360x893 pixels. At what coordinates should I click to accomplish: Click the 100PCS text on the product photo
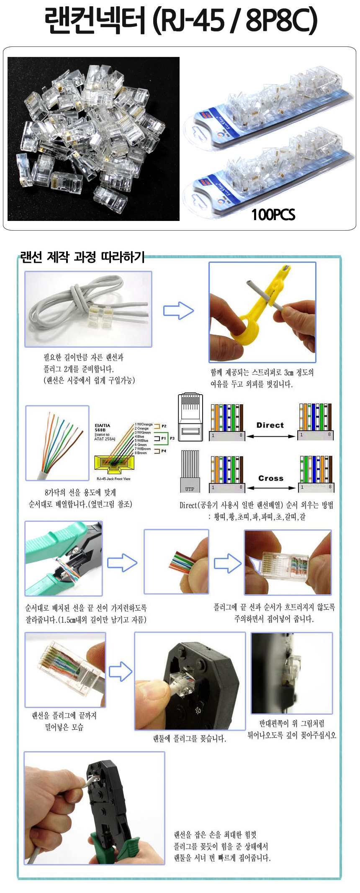coord(273,215)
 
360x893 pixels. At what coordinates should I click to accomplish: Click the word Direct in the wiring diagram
coord(270,425)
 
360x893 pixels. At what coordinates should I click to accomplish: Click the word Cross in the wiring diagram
coord(270,478)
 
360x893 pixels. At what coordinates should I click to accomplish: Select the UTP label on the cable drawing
coord(190,489)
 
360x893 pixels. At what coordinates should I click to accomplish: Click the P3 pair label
coord(172,439)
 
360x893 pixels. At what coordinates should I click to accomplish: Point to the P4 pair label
coord(164,451)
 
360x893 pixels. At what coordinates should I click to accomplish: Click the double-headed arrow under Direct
coord(271,436)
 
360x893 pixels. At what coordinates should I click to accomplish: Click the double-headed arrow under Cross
coord(271,488)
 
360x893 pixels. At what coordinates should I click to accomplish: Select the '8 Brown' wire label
coord(141,453)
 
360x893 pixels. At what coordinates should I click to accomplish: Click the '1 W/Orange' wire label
coord(143,424)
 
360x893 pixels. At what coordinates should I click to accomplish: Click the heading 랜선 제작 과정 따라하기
coord(82,257)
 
